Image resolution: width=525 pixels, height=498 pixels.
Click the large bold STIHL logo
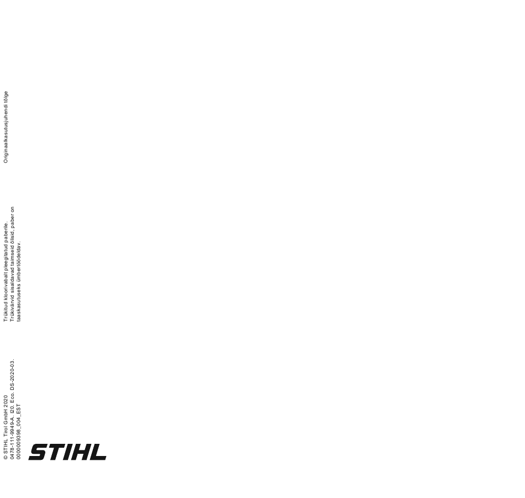tap(67, 452)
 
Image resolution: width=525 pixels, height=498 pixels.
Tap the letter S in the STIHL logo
tap(37, 452)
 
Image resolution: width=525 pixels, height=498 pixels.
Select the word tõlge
tap(6, 97)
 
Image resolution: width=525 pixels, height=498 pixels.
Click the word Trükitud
tap(6, 312)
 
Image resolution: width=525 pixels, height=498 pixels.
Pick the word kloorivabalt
tap(6, 288)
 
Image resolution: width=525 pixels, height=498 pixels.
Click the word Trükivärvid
tap(12, 308)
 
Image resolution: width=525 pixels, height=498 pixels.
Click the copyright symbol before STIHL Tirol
tap(6, 457)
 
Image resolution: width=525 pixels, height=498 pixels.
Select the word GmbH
tap(6, 417)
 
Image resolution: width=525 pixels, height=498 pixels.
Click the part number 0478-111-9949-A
tap(12, 438)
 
